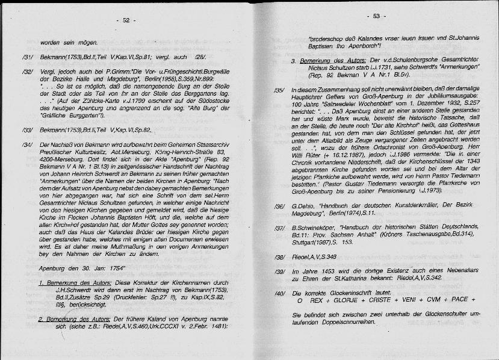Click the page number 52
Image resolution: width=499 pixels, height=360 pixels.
pyautogui.click(x=126, y=20)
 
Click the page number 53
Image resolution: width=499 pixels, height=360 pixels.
pyautogui.click(x=377, y=16)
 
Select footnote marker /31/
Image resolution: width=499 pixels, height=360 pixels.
pyautogui.click(x=26, y=57)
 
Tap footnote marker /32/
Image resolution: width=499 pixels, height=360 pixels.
pyautogui.click(x=26, y=72)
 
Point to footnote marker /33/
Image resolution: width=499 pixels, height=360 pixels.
pyautogui.click(x=26, y=130)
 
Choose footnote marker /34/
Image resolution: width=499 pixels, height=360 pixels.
pyautogui.click(x=26, y=146)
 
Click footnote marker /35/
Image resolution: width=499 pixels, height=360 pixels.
pyautogui.click(x=278, y=90)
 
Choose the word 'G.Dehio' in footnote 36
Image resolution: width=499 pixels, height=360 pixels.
pyautogui.click(x=302, y=206)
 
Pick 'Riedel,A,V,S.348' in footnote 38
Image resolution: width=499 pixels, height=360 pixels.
pyautogui.click(x=314, y=257)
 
